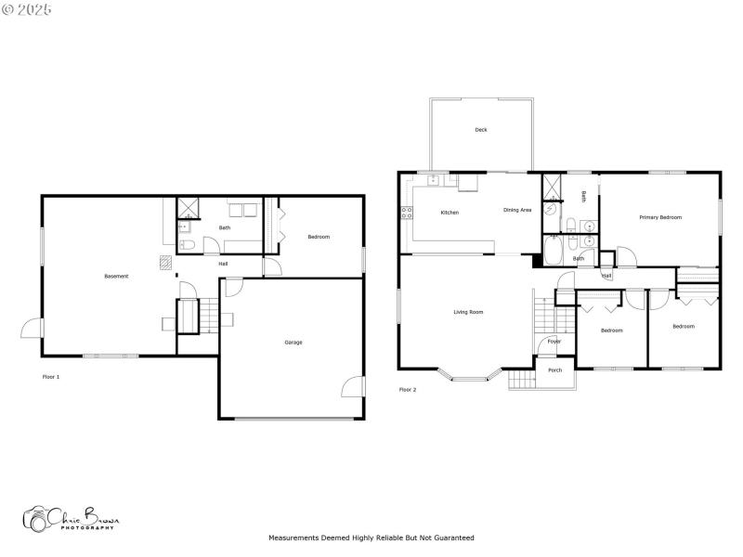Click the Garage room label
[293, 343]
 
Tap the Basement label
[116, 276]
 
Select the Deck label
[480, 130]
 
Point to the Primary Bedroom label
[660, 217]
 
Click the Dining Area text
[517, 210]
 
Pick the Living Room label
[468, 312]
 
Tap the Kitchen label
[450, 213]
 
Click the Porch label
[554, 370]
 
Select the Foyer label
[554, 342]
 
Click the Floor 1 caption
[51, 377]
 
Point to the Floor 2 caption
[408, 390]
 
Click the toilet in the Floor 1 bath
[187, 245]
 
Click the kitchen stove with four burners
[406, 213]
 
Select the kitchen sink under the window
[434, 180]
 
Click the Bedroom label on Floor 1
[319, 237]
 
